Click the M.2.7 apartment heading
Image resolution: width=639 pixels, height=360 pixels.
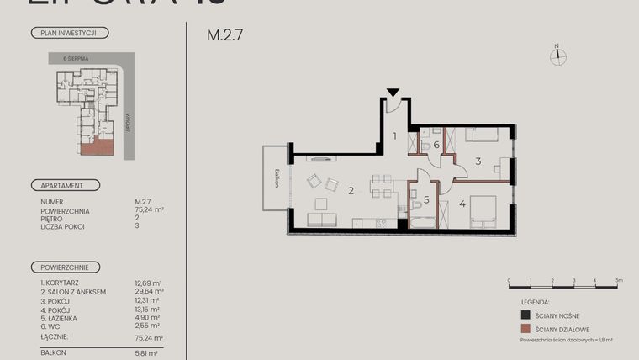(x=223, y=37)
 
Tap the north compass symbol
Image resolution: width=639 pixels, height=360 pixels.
(x=557, y=56)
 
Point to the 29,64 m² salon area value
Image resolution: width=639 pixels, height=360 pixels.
(x=148, y=292)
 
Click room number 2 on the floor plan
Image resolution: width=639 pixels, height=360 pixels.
(x=350, y=190)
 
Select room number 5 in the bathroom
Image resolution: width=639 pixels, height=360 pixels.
(x=426, y=200)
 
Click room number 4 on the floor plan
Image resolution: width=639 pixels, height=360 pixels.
(x=462, y=204)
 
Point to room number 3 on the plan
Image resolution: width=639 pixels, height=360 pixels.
(x=478, y=161)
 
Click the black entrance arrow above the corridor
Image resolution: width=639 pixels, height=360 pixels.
(x=393, y=93)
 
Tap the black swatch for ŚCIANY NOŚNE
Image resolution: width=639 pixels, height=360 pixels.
(x=525, y=315)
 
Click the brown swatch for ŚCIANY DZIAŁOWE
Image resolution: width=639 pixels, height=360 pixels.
(x=525, y=329)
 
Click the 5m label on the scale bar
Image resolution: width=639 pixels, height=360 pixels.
(x=618, y=279)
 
